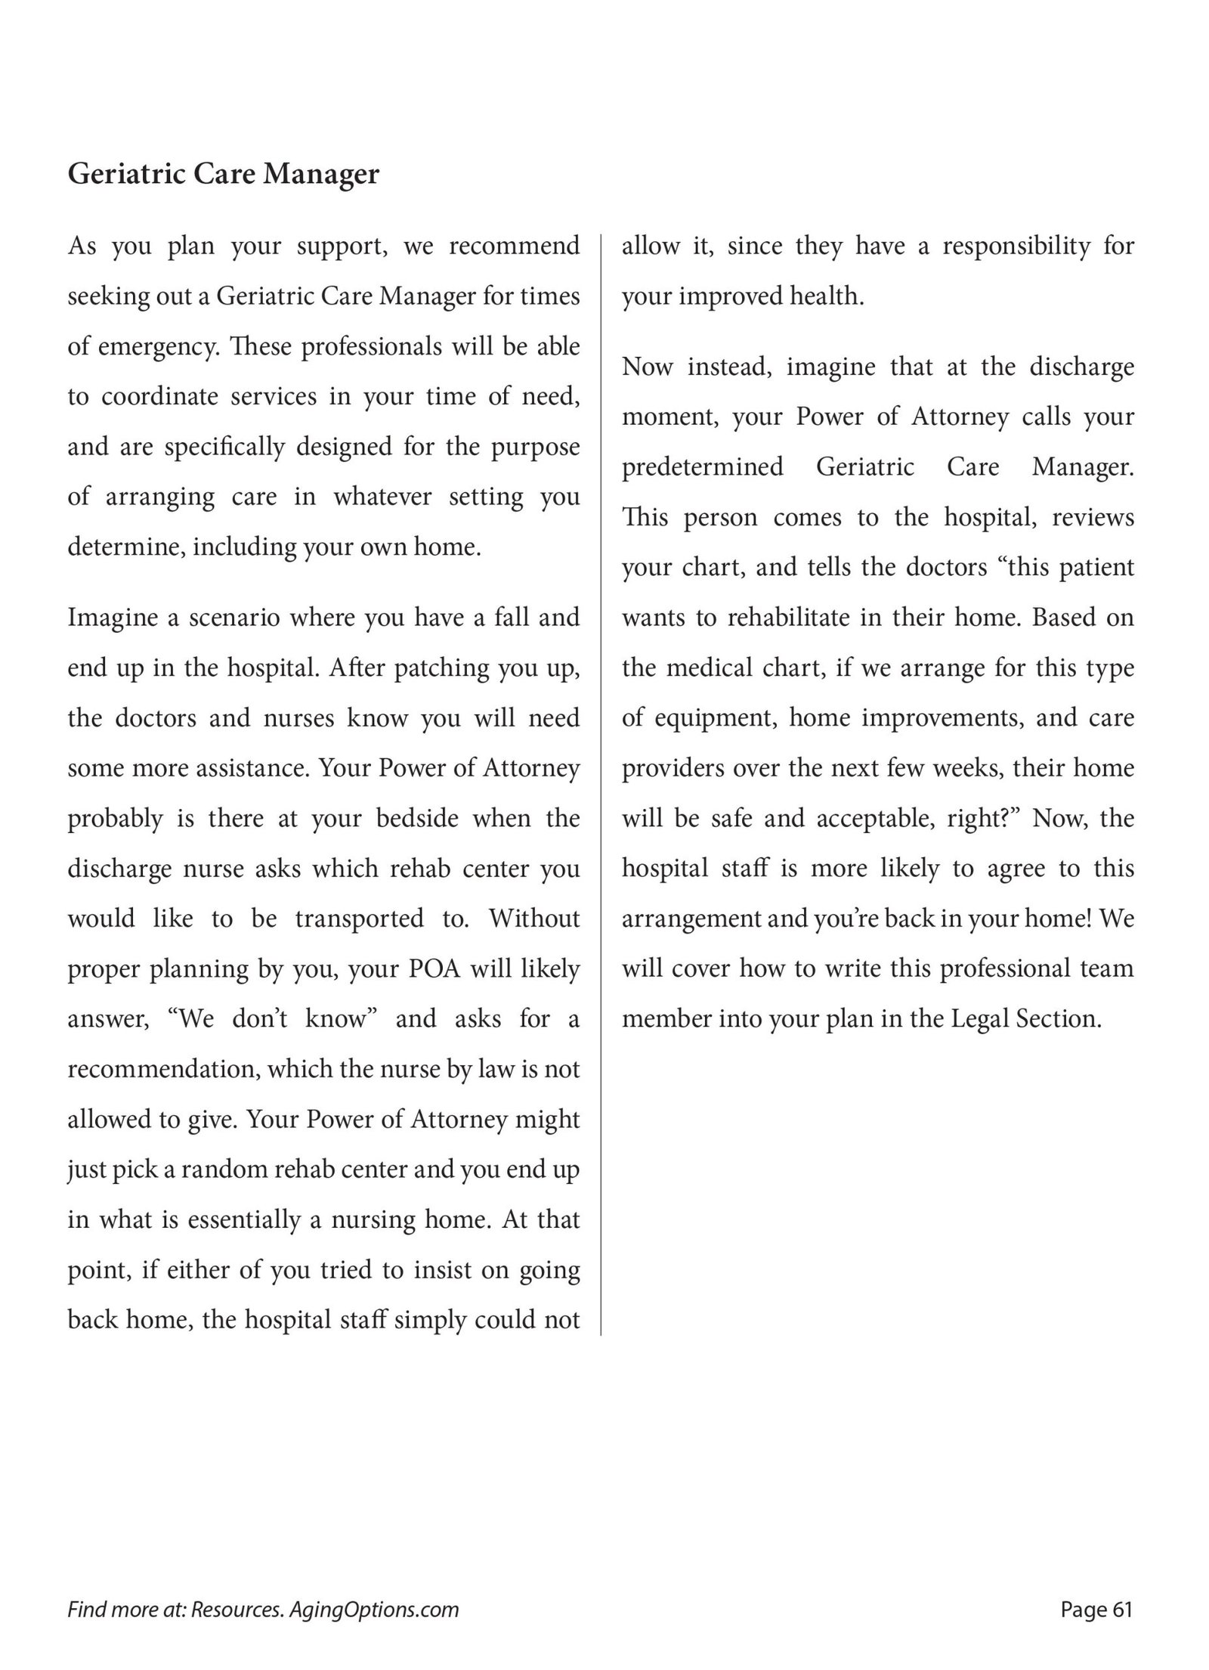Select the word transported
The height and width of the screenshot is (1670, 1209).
[x=359, y=919]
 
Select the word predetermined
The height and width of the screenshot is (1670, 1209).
[x=702, y=467]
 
